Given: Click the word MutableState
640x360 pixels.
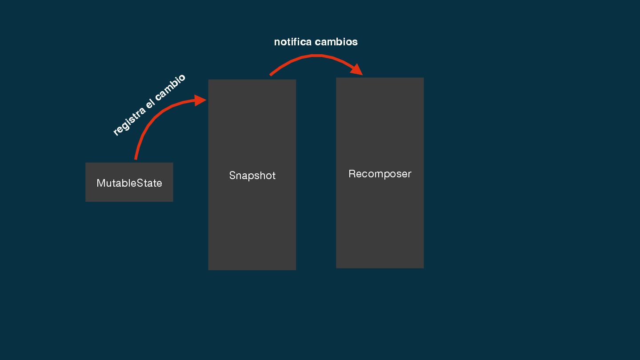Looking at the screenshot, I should tap(129, 183).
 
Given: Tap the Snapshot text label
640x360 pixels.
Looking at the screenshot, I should tap(252, 176).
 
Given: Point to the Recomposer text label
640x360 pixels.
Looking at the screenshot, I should tap(380, 174).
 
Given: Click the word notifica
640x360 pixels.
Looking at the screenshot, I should tap(292, 42).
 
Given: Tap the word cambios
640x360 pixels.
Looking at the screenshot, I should tap(336, 42).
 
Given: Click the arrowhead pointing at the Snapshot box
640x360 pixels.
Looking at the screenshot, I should tap(201, 100).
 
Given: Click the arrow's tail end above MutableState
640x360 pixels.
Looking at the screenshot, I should tap(136, 158).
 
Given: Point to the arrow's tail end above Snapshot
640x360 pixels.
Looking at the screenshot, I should tap(271, 75).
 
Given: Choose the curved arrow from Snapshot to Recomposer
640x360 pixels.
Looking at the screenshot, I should tap(316, 56).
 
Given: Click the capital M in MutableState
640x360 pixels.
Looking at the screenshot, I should tap(101, 183).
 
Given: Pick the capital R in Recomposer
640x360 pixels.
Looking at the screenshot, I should tap(352, 174).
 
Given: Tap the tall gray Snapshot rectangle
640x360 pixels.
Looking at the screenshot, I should tap(252, 222).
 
